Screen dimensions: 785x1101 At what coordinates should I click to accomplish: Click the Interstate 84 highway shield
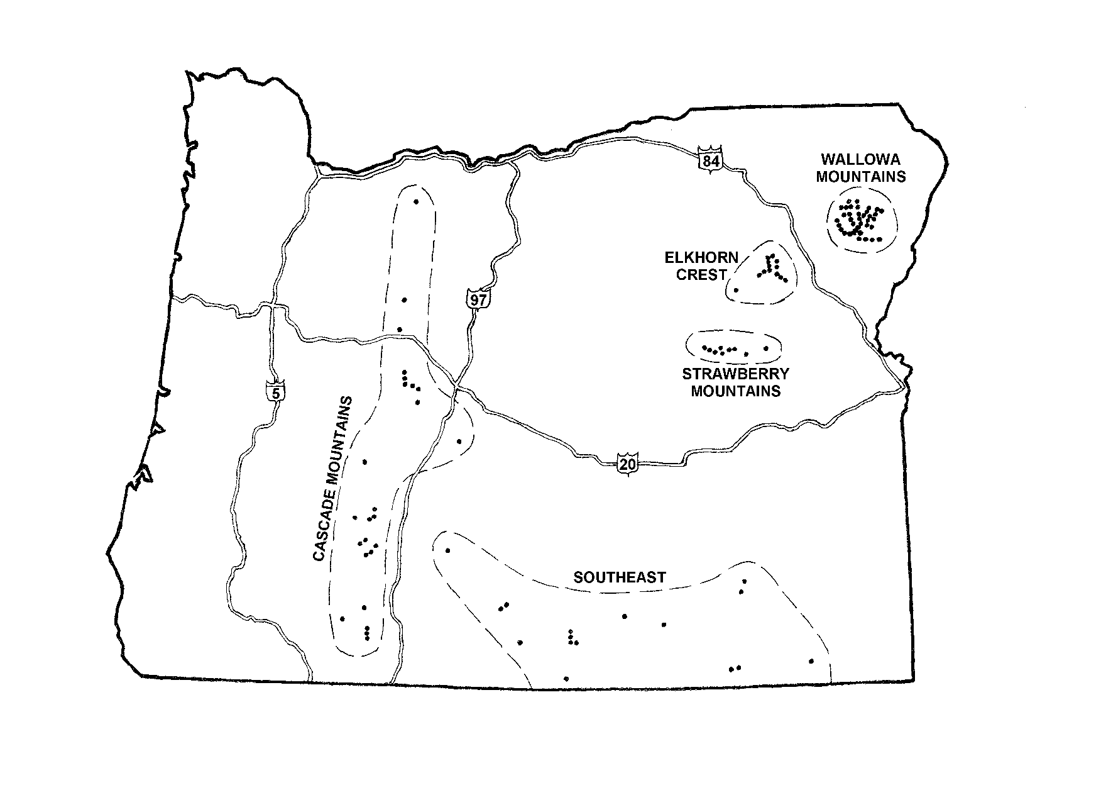tap(709, 161)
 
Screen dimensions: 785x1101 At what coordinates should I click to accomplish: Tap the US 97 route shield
tap(478, 299)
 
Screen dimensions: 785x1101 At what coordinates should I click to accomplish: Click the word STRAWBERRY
tap(735, 374)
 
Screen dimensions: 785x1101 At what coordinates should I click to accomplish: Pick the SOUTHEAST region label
tap(620, 577)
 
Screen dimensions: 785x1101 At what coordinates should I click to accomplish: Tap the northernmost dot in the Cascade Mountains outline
tap(416, 201)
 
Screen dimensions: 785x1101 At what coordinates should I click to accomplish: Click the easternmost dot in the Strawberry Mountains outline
tap(765, 348)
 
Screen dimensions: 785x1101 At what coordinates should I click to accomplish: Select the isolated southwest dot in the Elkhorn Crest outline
tap(736, 290)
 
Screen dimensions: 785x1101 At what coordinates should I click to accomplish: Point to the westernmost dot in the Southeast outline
tap(448, 551)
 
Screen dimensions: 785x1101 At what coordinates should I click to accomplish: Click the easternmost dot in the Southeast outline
tap(811, 661)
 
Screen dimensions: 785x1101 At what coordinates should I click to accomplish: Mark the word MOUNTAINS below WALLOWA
tap(861, 177)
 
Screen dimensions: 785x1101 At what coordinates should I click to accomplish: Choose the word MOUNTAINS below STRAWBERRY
tap(736, 391)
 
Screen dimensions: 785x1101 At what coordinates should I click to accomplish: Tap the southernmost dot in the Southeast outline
tap(566, 679)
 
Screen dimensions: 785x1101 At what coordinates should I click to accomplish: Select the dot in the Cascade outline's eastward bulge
tap(459, 441)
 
